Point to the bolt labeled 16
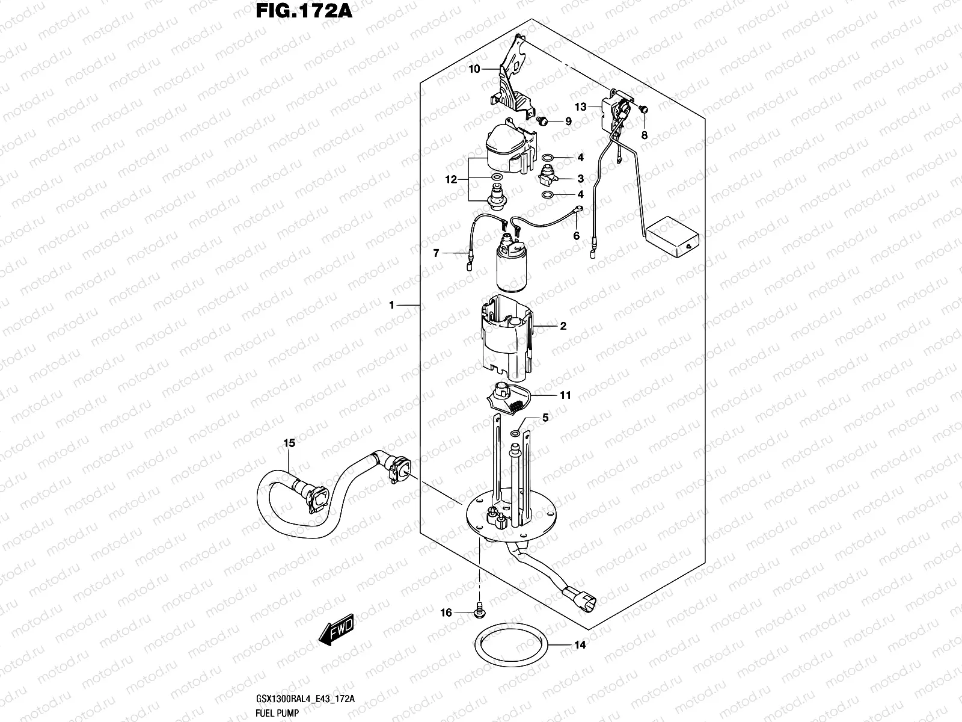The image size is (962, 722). pos(480,609)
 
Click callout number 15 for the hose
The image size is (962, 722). pos(289,443)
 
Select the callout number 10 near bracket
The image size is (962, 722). pos(474,69)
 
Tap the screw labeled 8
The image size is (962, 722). pos(645,110)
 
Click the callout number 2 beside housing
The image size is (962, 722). pos(563,327)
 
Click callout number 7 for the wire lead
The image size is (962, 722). pos(437,253)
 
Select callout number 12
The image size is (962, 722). pos(452,179)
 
